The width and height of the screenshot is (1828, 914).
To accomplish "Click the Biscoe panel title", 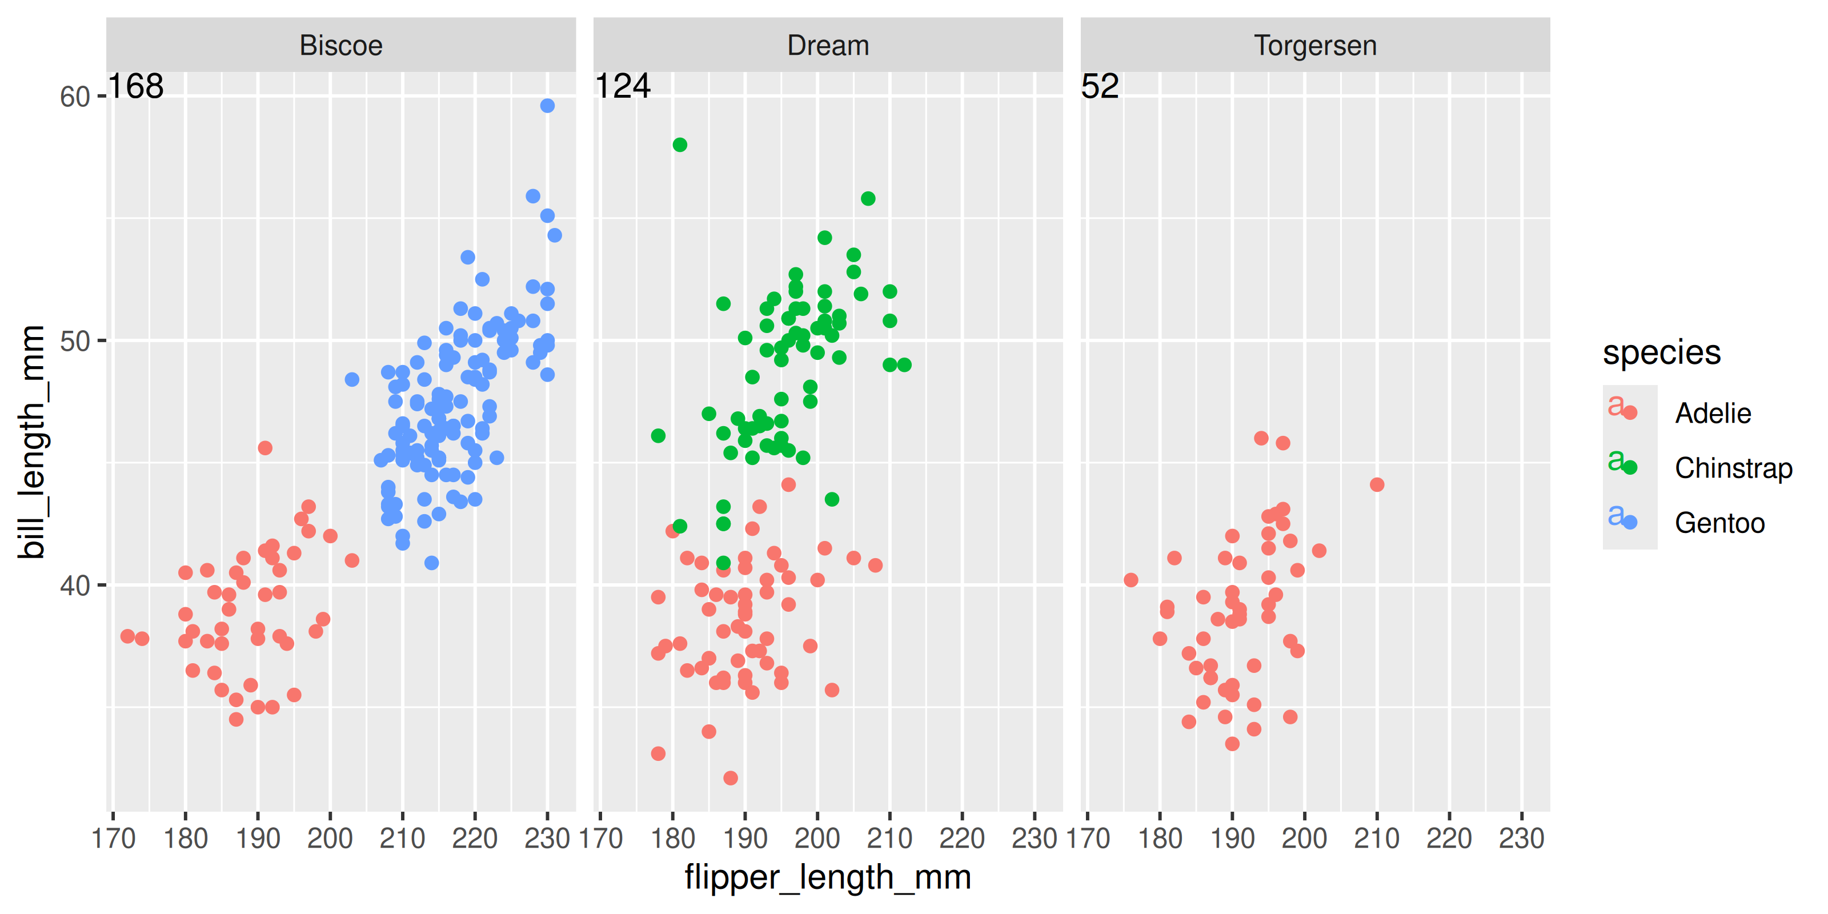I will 340,46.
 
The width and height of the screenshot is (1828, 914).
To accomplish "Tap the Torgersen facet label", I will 1315,46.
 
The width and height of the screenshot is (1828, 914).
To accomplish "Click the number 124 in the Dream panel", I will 622,87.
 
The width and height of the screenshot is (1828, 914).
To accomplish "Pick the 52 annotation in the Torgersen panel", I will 1099,87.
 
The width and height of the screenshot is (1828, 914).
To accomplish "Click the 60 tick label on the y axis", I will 74,97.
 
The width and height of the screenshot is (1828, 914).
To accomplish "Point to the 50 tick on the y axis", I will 74,342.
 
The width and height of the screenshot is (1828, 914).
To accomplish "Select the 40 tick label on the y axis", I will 74,586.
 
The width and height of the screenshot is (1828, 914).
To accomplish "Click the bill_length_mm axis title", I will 32,442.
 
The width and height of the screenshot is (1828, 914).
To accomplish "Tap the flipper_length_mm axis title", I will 827,877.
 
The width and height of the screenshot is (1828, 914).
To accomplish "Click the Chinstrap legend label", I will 1733,468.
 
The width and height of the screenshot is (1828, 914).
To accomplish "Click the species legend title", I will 1661,352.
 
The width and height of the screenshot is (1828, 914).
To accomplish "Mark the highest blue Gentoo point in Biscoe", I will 547,106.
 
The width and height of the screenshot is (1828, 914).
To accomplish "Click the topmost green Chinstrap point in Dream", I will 680,145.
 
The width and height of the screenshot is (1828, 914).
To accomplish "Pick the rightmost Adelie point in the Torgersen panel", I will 1377,484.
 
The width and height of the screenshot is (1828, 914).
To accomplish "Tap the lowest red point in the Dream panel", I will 730,777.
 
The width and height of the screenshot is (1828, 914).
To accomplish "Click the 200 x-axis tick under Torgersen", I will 1304,839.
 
